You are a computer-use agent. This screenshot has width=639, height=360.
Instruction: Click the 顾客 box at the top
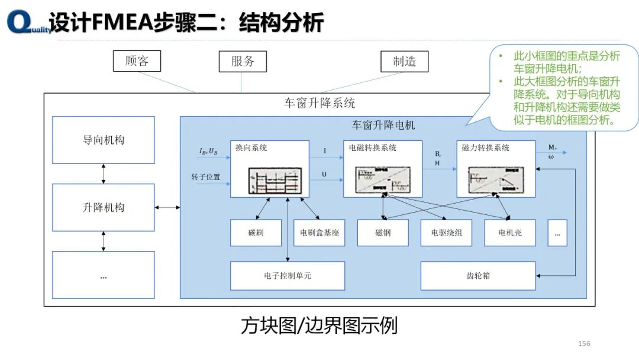point(137,61)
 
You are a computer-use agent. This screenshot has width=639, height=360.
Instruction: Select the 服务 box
point(243,61)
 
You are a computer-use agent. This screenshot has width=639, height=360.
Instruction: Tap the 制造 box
point(404,61)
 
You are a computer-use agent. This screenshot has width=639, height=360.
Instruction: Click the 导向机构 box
point(104,140)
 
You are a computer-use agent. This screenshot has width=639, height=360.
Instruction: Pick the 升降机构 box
point(104,207)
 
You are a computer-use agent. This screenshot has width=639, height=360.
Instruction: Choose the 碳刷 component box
point(256,233)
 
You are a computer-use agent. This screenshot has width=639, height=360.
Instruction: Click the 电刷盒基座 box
point(319,233)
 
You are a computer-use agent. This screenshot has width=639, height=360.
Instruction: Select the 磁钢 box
point(383,233)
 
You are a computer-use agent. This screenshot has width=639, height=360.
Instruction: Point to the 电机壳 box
point(510,233)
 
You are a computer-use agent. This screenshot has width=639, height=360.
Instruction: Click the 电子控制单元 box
point(288,276)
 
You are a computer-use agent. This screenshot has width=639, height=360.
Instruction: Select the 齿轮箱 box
point(478,276)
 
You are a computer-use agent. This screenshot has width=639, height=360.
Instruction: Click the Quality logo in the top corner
point(27,24)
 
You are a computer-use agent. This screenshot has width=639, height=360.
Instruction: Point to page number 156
point(584,344)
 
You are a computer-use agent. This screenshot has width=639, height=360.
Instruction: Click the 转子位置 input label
point(205,177)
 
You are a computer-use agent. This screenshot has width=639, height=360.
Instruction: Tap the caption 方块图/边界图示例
point(319,326)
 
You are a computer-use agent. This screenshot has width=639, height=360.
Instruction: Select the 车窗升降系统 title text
point(319,103)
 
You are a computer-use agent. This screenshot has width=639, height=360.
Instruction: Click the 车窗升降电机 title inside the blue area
point(383,125)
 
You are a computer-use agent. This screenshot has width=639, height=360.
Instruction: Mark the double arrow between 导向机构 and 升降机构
point(104,173)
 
